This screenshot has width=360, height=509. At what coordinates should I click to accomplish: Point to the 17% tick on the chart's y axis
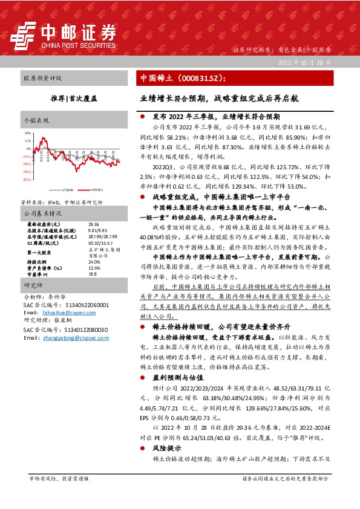28,140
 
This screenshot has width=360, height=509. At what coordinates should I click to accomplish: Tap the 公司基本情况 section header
43,214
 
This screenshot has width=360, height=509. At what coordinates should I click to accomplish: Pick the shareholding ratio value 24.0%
77,262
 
